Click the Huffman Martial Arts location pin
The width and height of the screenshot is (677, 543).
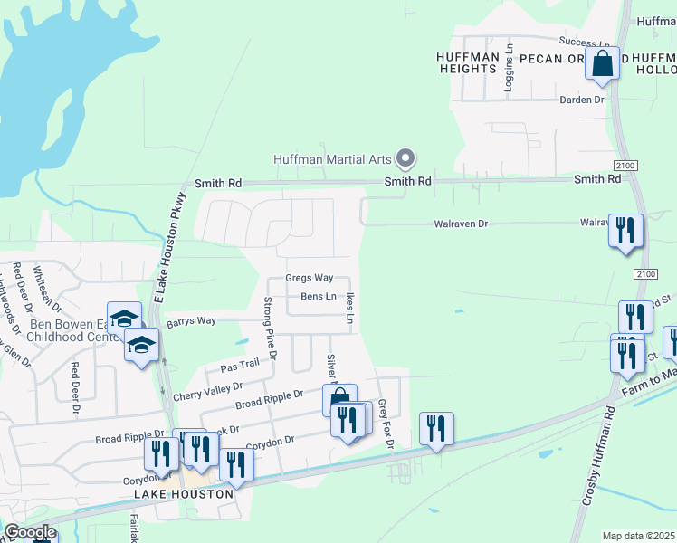point(406,159)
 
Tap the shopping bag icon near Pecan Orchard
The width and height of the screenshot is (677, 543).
point(602,65)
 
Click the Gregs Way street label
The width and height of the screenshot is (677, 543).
point(310,278)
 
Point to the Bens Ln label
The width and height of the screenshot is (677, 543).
point(319,297)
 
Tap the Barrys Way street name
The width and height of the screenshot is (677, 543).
point(191,321)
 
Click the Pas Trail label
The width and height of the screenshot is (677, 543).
point(240,365)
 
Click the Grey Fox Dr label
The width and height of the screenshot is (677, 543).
point(386,424)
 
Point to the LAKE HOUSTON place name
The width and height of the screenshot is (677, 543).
point(184,495)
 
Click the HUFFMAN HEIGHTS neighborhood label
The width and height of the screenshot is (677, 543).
point(468,63)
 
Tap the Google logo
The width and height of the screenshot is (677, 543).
point(30,531)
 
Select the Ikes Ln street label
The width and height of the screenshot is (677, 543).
point(348,307)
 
